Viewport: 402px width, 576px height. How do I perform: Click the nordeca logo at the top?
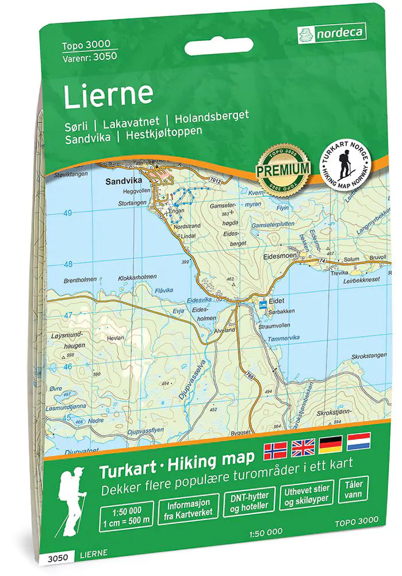pyautogui.click(x=331, y=33)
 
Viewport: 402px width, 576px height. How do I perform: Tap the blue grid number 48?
pyautogui.click(x=67, y=264)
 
